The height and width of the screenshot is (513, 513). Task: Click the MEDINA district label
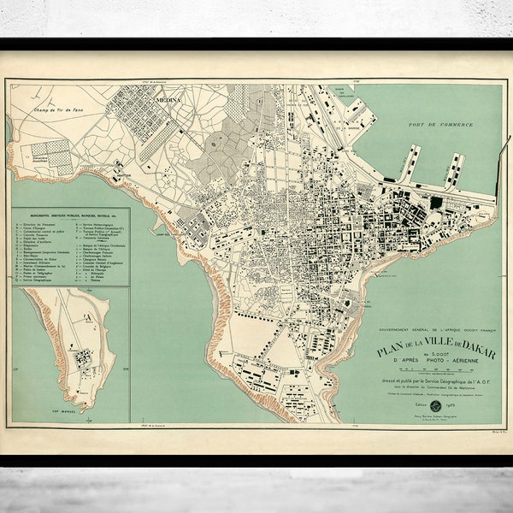pos(168,100)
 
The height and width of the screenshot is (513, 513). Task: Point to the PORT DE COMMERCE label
pos(441,126)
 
